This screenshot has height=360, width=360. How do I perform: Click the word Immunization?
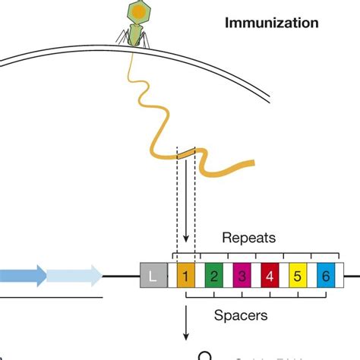point(271,24)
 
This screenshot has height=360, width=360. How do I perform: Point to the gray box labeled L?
point(152,275)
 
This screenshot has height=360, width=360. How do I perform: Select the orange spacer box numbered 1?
point(186,275)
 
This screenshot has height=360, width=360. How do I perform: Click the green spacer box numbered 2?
point(214,275)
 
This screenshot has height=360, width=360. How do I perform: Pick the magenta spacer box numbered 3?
point(242,275)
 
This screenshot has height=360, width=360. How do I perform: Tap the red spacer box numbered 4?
point(270,275)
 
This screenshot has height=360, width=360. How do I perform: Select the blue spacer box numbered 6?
point(326,275)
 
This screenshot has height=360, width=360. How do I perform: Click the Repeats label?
point(248,238)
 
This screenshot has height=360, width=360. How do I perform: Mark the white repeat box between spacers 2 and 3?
point(229,275)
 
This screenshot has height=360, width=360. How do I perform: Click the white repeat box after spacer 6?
point(340,275)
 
